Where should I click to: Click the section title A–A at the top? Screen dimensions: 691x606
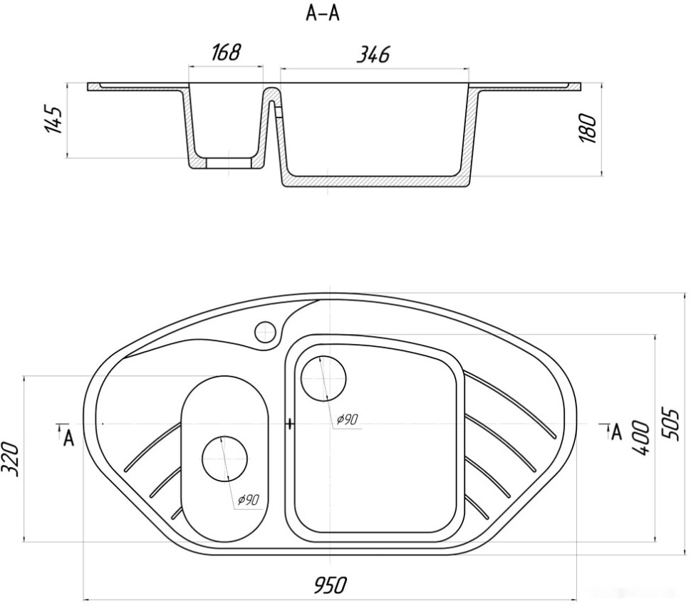click(323, 14)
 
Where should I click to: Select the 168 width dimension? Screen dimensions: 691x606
click(226, 52)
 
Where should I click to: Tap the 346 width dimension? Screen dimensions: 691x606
click(373, 55)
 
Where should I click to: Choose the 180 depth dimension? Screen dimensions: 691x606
click(588, 128)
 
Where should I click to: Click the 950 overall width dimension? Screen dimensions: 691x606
click(331, 585)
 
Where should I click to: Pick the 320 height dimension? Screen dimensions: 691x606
click(11, 459)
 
